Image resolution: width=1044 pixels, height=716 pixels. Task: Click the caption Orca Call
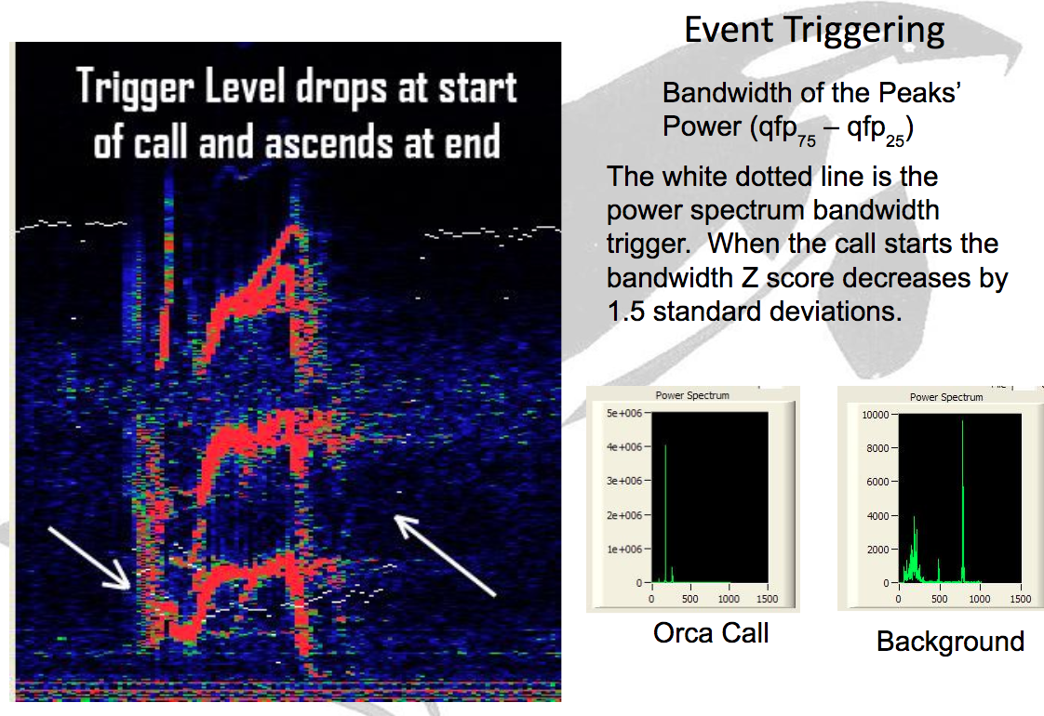(x=711, y=633)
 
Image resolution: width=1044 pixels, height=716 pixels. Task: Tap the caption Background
(x=950, y=642)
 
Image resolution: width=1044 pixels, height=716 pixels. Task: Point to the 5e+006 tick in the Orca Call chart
(x=623, y=413)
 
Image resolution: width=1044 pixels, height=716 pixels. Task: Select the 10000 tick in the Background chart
(x=876, y=415)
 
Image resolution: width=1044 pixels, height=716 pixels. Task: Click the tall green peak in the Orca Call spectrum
(x=665, y=513)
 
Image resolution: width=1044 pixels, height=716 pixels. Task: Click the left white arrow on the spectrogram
(x=88, y=558)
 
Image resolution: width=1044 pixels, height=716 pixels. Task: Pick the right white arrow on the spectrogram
(x=445, y=555)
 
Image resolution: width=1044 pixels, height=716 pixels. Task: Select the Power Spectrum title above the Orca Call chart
(x=692, y=395)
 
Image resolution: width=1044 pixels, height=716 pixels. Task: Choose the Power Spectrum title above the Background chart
(x=946, y=397)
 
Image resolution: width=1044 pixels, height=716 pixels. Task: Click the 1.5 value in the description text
(x=626, y=311)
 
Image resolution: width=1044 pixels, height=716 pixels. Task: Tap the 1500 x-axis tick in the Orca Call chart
(x=767, y=599)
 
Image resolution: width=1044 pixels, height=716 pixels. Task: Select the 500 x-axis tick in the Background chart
(x=939, y=599)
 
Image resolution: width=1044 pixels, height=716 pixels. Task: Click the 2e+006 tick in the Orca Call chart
(x=623, y=516)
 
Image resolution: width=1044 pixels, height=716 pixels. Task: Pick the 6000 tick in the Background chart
(x=877, y=482)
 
